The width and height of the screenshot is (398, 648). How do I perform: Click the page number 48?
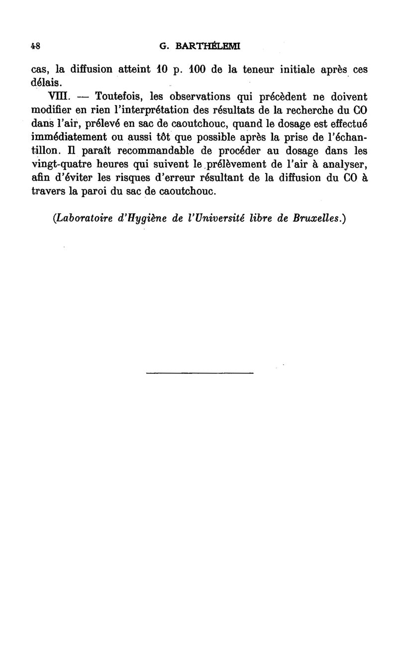click(x=35, y=45)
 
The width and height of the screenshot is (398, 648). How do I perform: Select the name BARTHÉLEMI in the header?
click(x=206, y=46)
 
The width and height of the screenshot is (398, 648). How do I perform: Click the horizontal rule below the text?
click(x=200, y=372)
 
